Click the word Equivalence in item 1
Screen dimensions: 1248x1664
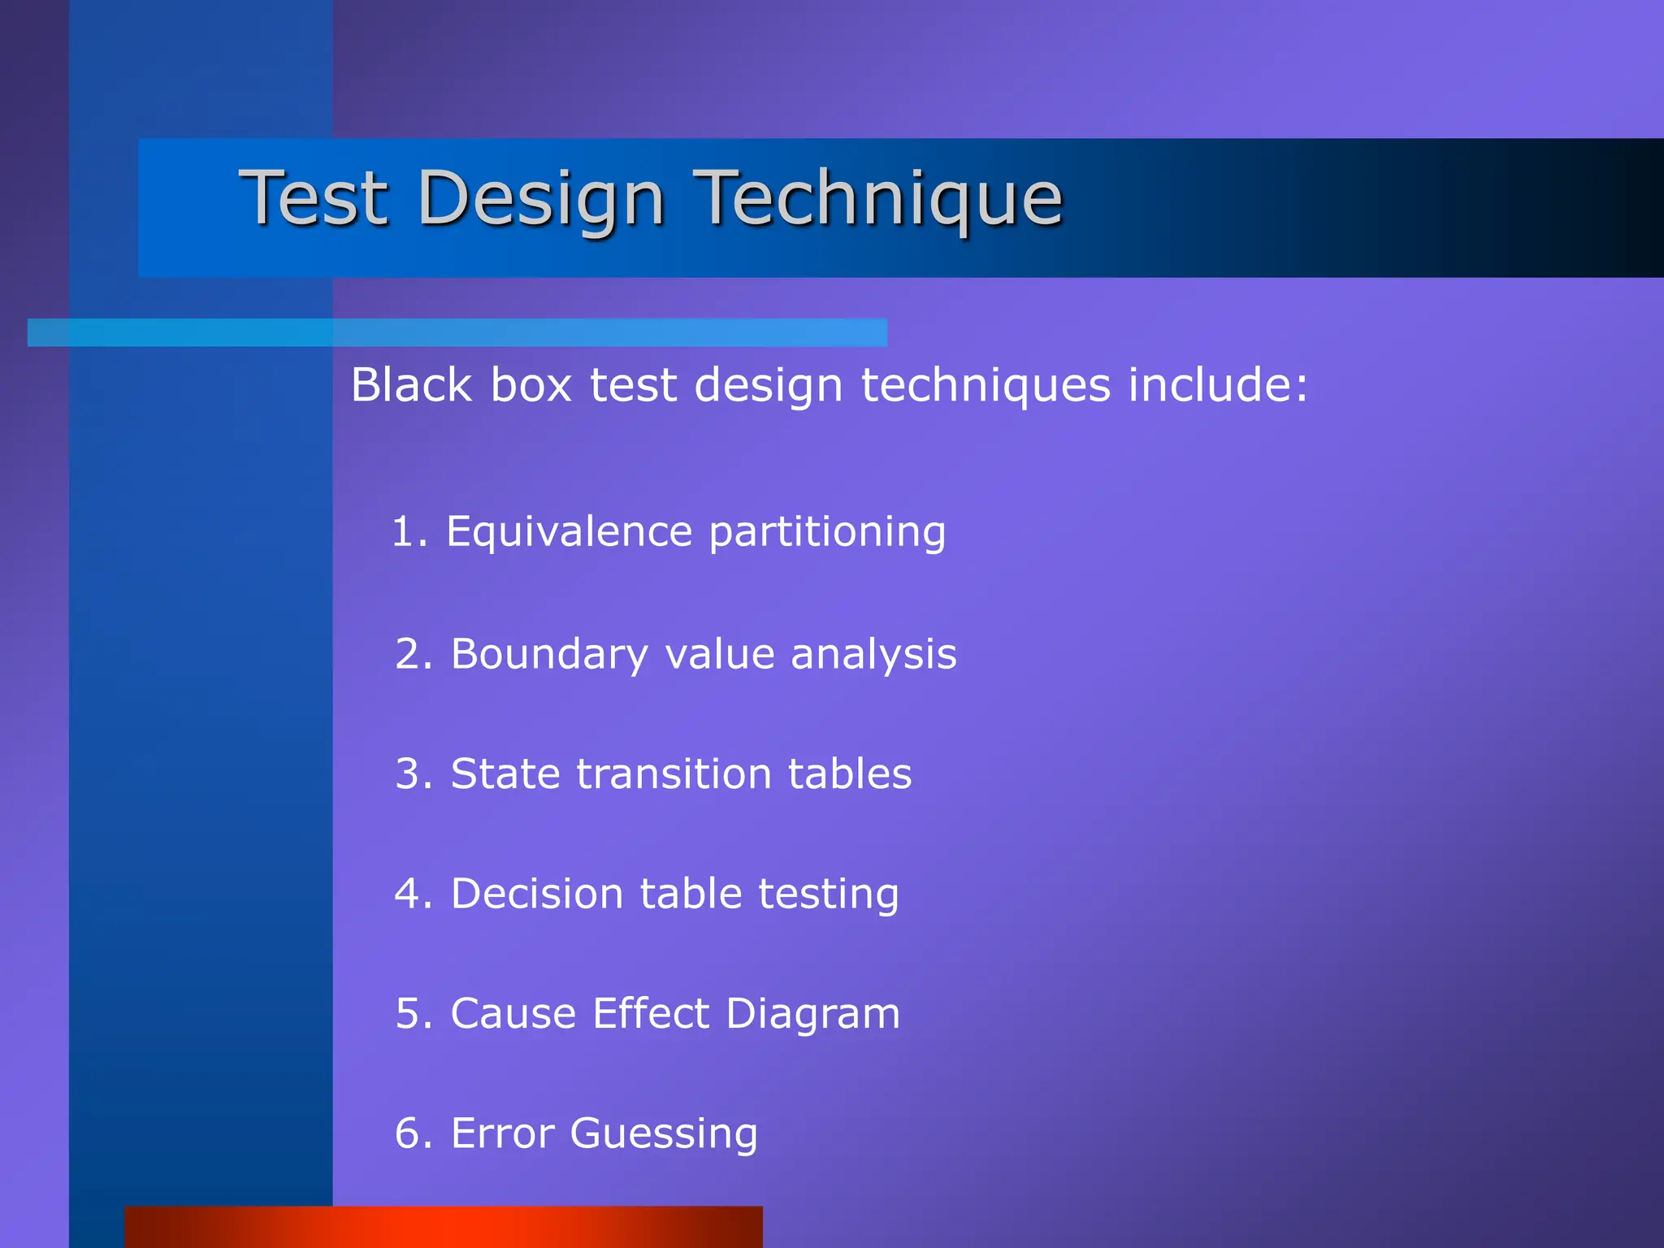coord(569,532)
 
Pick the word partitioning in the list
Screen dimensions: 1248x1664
coord(827,532)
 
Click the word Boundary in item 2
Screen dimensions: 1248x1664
coord(549,654)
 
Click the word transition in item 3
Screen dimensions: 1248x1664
coord(674,773)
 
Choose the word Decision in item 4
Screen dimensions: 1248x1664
coord(536,894)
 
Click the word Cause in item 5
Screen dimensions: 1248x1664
coord(513,1014)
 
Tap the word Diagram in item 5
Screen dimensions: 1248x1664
coord(812,1014)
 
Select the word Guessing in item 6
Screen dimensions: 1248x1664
coord(663,1134)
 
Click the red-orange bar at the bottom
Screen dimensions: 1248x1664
coord(444,1227)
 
